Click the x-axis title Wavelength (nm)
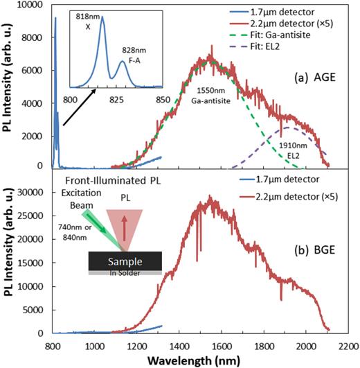click(206, 360)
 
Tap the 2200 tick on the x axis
click(349, 344)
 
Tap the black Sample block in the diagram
click(125, 261)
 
